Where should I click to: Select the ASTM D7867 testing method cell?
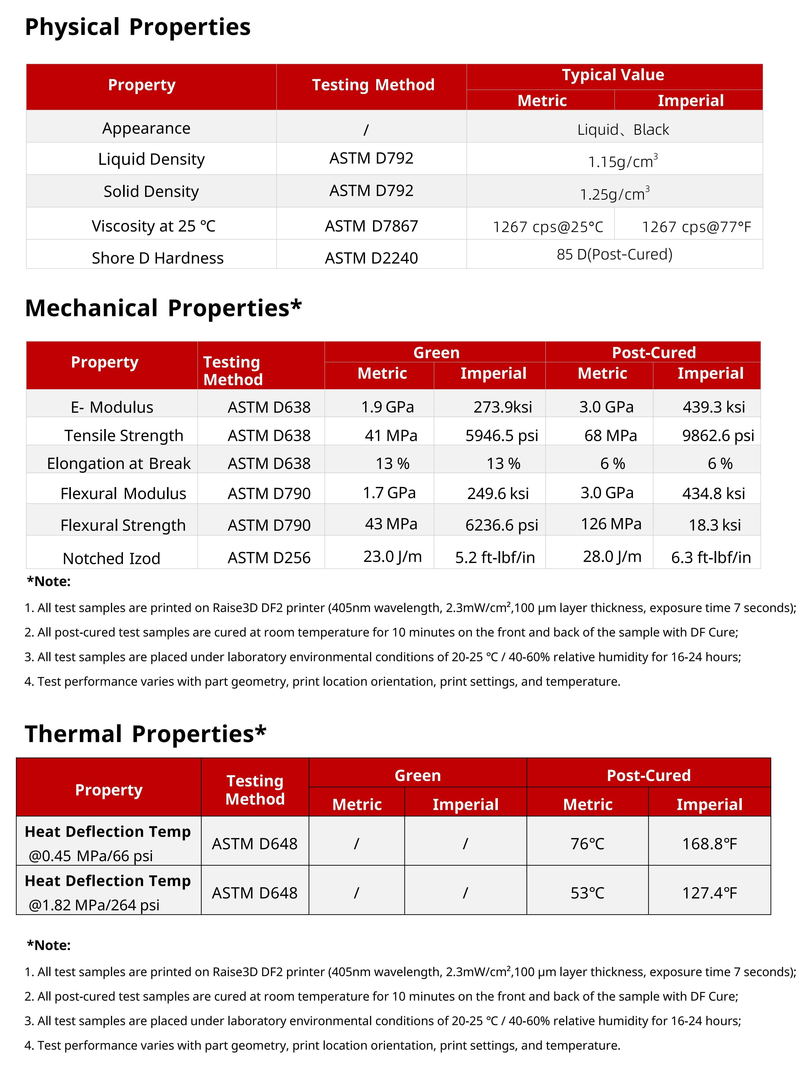tap(371, 226)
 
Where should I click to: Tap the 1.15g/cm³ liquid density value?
tap(623, 161)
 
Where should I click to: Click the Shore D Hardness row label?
tap(158, 258)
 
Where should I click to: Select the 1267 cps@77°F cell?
tap(696, 227)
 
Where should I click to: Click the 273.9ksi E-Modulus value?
tap(502, 407)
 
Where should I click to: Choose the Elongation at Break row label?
tap(119, 463)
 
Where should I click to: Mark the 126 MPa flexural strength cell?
tap(611, 524)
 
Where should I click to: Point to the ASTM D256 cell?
tap(269, 557)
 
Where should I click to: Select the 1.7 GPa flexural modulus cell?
tap(389, 493)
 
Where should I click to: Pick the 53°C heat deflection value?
tap(587, 893)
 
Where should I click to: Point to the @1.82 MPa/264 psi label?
tap(94, 905)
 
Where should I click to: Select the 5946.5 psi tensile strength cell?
tap(502, 436)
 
